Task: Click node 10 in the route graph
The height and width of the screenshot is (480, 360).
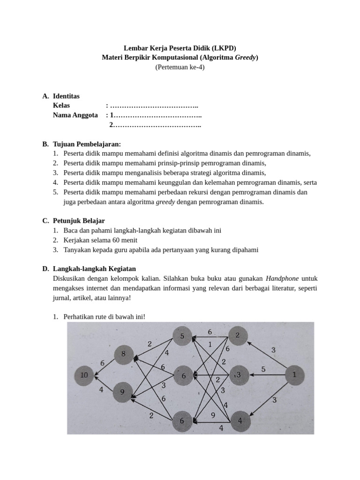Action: [84, 375]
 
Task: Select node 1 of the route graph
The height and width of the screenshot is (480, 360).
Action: [295, 375]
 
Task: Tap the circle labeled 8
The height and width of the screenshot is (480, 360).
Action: [124, 354]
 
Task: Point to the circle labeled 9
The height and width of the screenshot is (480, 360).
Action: [123, 392]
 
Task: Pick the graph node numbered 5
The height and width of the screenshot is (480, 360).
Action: [182, 336]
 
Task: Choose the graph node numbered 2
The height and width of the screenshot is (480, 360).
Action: [238, 336]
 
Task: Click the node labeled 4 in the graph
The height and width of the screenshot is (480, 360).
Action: [240, 420]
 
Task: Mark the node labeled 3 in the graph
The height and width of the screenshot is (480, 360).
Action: [238, 375]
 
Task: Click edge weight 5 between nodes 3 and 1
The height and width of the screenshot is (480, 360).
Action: [263, 369]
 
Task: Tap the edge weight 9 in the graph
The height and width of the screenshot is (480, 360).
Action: [213, 415]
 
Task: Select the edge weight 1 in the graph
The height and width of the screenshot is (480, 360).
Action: [210, 344]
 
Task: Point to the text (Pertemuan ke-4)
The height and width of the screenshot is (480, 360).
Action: [180, 67]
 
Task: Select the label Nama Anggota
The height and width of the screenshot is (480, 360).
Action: [75, 115]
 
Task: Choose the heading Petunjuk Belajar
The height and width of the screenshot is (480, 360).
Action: [79, 221]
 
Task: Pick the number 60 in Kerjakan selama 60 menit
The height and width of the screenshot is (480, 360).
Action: [112, 240]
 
